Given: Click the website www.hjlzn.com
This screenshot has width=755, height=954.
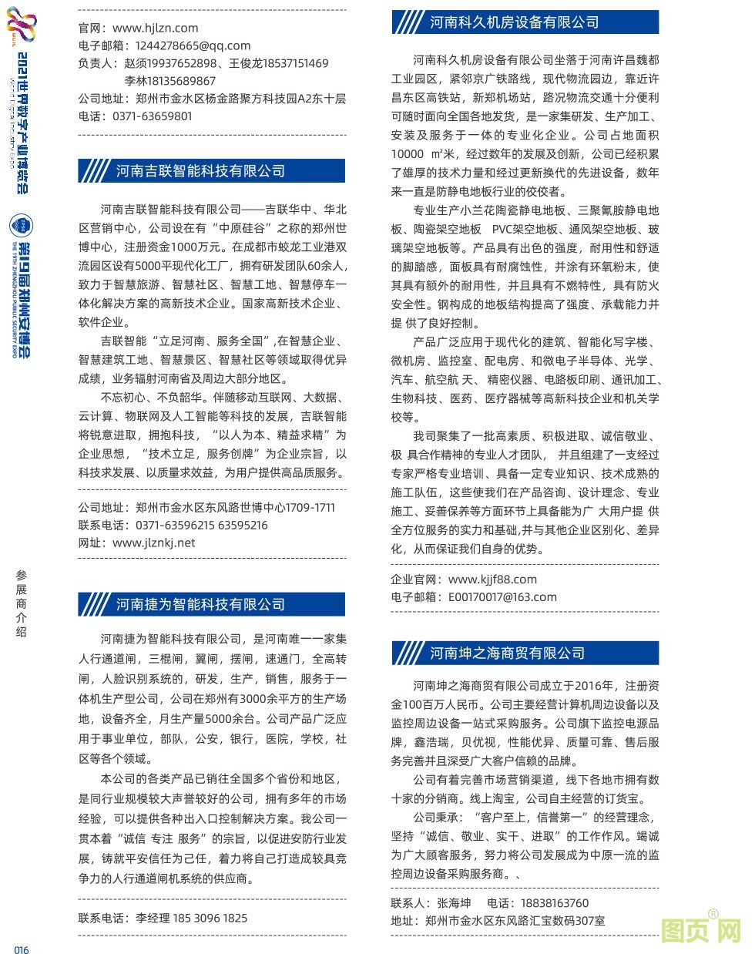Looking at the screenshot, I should coord(155,28).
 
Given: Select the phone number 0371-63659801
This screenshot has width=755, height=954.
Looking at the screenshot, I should coord(153,116).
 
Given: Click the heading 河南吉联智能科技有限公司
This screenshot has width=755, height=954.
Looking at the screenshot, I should coord(200,171).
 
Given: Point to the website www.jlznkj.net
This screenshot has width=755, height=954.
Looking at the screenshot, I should coord(153,543).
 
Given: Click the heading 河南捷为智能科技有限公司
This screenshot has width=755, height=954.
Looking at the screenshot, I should coord(200,604).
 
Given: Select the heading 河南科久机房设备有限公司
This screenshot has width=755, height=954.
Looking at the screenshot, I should coord(514,22).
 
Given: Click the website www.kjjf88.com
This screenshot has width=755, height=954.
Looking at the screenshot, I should coord(492,579).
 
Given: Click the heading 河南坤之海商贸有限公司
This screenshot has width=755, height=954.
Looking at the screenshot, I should coord(507,653).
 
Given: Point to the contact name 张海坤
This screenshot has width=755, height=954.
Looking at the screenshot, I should coord(454,903).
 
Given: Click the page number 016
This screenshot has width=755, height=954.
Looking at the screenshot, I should coord(22,949).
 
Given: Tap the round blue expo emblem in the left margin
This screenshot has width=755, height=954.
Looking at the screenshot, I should coord(22,226).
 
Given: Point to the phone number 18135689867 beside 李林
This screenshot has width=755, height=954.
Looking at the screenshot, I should coord(170,81).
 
